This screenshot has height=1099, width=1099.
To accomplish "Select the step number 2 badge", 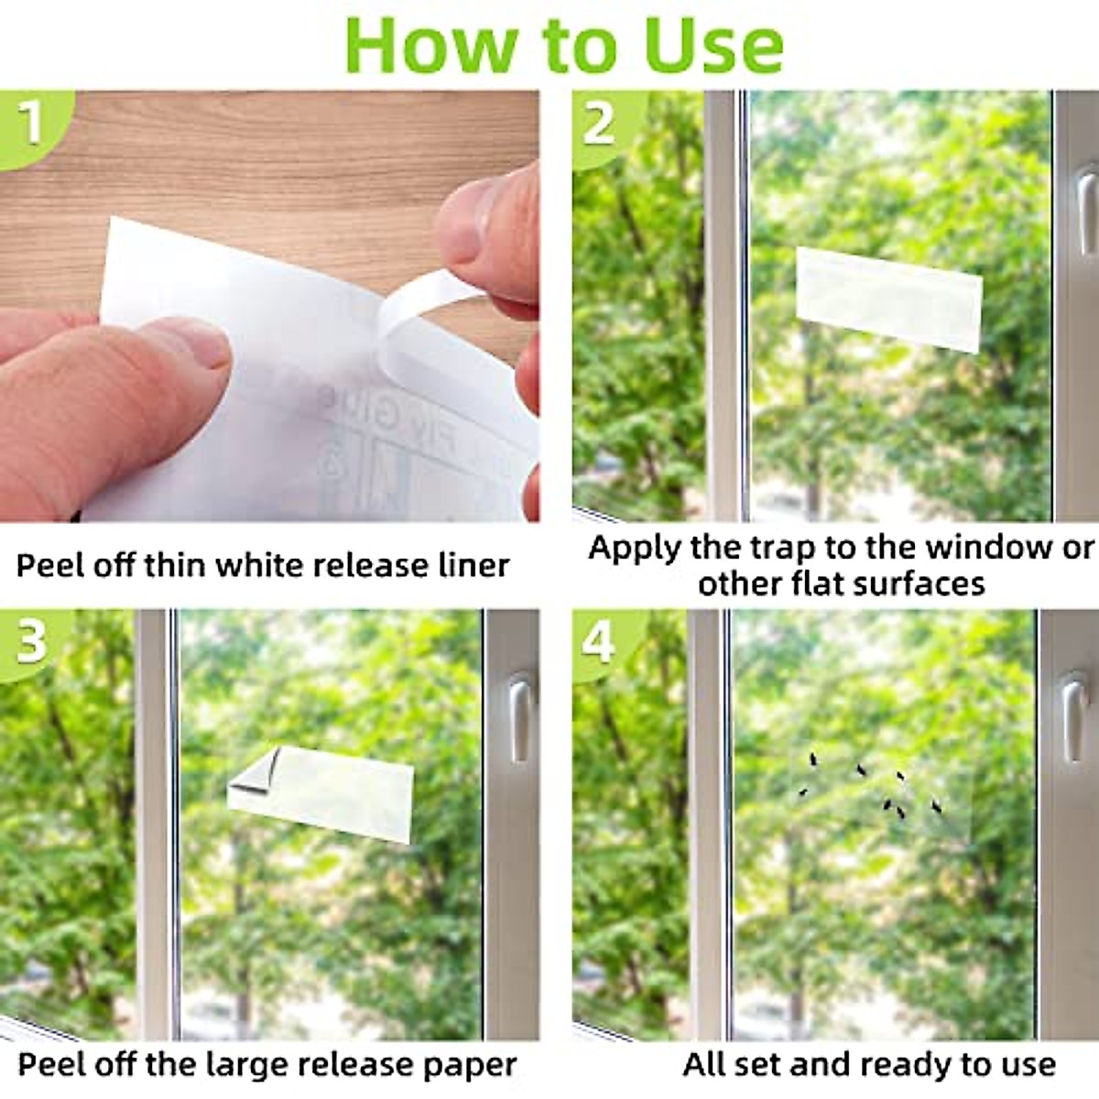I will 600,121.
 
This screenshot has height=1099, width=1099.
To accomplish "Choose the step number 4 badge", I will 600,642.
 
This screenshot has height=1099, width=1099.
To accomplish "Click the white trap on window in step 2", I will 887,299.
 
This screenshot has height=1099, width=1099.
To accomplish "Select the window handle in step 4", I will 1072,718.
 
